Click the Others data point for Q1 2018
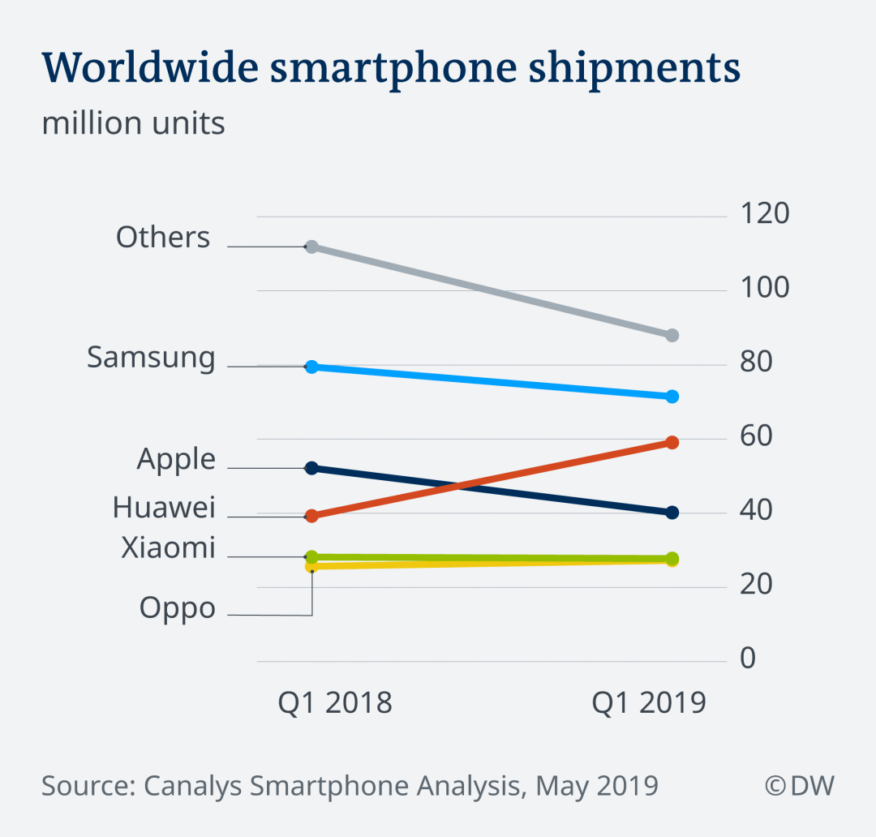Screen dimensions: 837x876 pyautogui.click(x=311, y=247)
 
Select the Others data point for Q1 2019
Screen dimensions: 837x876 pyautogui.click(x=672, y=335)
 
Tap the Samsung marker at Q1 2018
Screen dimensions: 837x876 pyautogui.click(x=311, y=367)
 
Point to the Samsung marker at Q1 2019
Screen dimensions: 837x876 pyautogui.click(x=672, y=396)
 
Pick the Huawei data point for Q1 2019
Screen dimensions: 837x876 pyautogui.click(x=672, y=442)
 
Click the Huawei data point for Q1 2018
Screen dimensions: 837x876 pyautogui.click(x=311, y=516)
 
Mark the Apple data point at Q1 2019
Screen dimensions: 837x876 pyautogui.click(x=672, y=512)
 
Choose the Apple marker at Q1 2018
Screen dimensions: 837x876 pyautogui.click(x=311, y=468)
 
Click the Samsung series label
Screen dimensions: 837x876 pyautogui.click(x=152, y=358)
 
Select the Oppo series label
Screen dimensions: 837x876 pyautogui.click(x=178, y=608)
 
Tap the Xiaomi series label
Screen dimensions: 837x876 pyautogui.click(x=168, y=548)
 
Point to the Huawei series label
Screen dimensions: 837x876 pyautogui.click(x=164, y=508)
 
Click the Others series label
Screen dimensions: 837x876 pyautogui.click(x=163, y=238)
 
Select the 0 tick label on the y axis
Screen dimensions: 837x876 pyautogui.click(x=747, y=658)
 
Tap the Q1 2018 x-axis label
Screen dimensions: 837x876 pyautogui.click(x=335, y=703)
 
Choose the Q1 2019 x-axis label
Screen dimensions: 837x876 pyautogui.click(x=649, y=703)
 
